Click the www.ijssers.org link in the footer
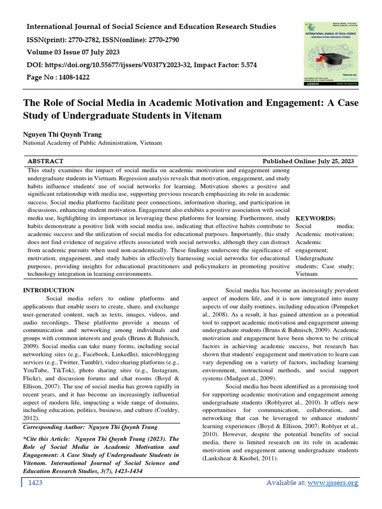[x=334, y=483]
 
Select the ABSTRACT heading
[x=45, y=161]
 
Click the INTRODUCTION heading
[x=49, y=290]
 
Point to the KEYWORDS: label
[x=315, y=218]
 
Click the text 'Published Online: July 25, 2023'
[x=308, y=161]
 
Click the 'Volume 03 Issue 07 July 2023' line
[x=73, y=52]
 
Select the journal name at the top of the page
[x=151, y=26]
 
